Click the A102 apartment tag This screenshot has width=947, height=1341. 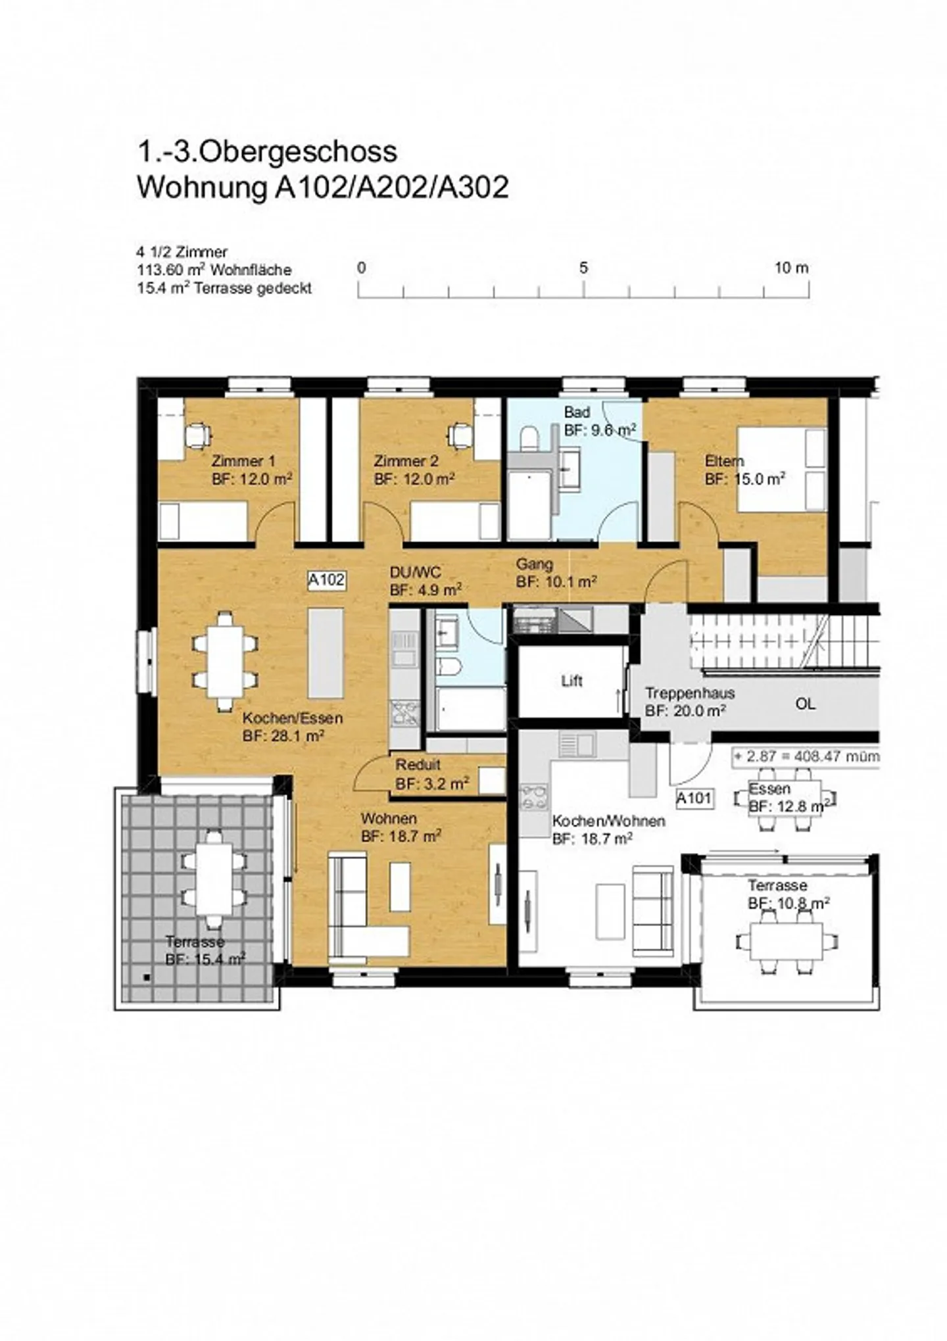coord(327,579)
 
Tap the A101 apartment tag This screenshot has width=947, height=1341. coord(694,798)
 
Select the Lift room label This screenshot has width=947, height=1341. coord(571,681)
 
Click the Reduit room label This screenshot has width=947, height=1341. coord(418,765)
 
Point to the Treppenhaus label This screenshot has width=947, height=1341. coord(689,693)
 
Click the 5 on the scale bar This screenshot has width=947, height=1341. coord(583,268)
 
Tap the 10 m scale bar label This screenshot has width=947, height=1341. coord(791,268)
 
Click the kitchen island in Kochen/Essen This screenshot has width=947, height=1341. coord(326,652)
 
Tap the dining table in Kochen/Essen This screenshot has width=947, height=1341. coord(224,660)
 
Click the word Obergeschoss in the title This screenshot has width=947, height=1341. coord(297,152)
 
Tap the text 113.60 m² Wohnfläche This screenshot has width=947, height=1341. coord(214,270)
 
